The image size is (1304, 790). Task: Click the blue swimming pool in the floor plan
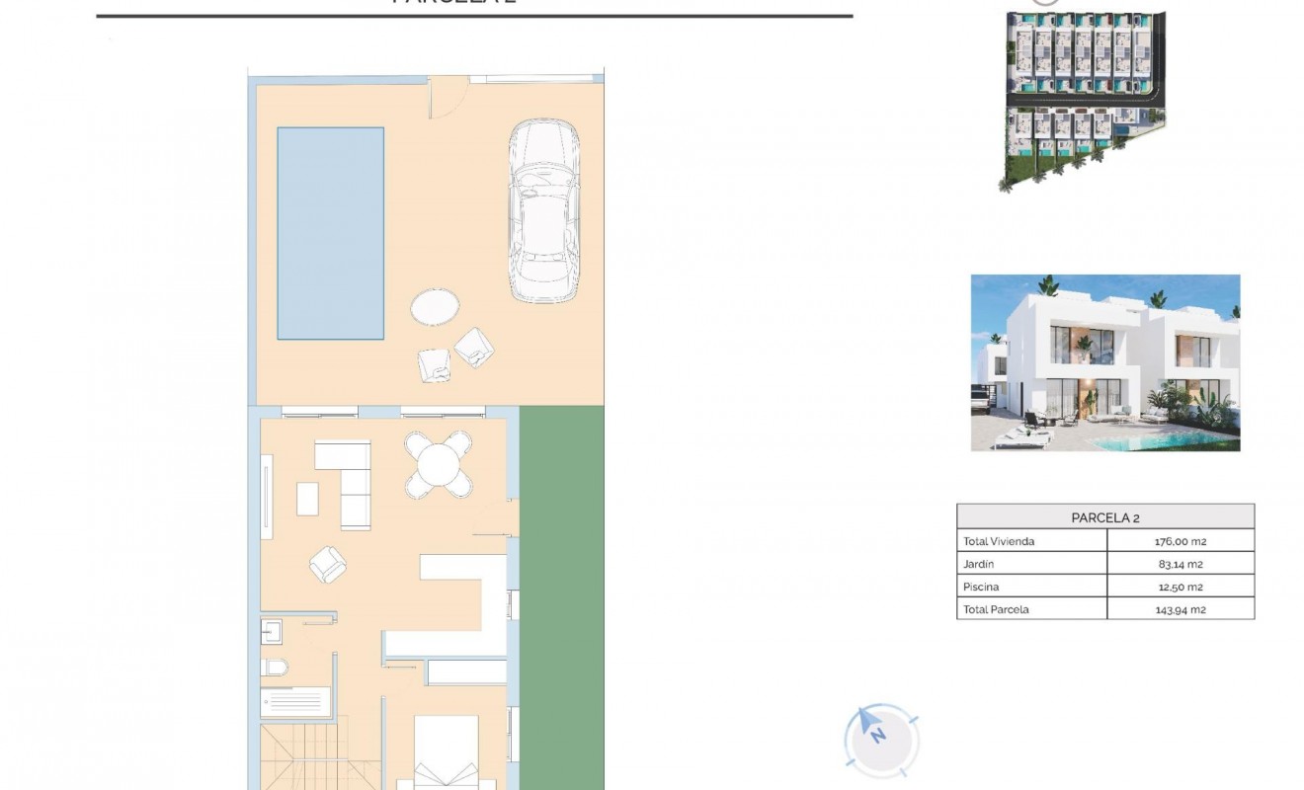click(x=330, y=233)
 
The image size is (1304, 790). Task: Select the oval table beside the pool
click(x=435, y=305)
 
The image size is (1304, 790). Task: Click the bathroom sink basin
click(x=272, y=631)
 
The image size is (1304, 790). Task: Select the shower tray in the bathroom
click(x=296, y=702)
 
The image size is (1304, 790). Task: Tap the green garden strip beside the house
click(x=561, y=592)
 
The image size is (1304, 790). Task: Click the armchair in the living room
click(x=328, y=565)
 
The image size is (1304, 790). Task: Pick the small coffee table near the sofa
click(x=308, y=498)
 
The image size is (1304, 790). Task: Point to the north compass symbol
click(x=880, y=737)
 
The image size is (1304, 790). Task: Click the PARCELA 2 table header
click(x=1104, y=517)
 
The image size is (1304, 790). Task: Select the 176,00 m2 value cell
click(x=1181, y=541)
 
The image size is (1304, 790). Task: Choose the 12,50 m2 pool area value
click(x=1181, y=587)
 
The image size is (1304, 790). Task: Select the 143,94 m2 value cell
click(x=1181, y=609)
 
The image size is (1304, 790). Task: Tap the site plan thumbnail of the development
click(x=1085, y=99)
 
